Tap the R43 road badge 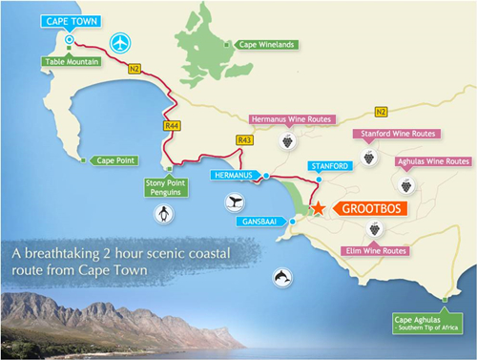coord(246,141)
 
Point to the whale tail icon coord(235,202)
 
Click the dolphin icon coord(283,276)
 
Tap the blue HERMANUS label coord(233,177)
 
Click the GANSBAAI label coord(261,222)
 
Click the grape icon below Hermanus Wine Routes coord(287,141)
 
